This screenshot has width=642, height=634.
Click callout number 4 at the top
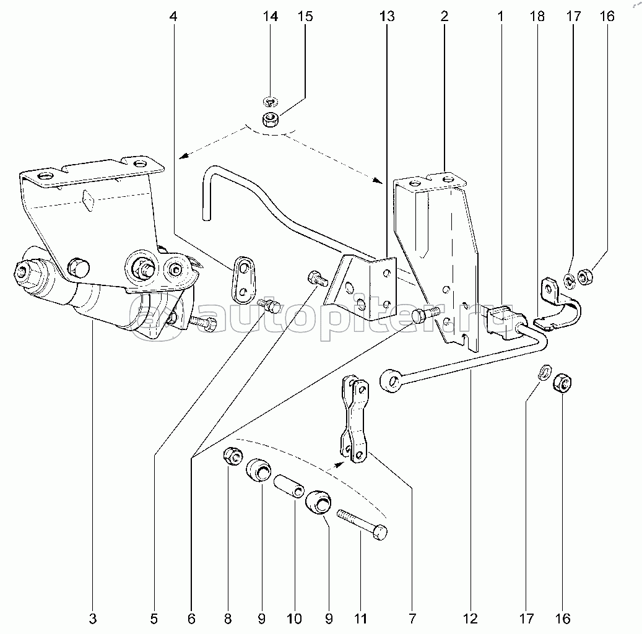coord(173,17)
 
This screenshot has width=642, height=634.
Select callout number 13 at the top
coord(387,16)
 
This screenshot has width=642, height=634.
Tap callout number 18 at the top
coord(537,16)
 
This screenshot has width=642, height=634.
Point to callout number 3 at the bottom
coord(93,619)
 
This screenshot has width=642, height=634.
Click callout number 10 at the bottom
coord(295,619)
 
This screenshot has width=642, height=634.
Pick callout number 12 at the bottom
coord(471,619)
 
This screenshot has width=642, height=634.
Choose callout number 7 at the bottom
coord(412,619)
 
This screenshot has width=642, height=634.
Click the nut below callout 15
coord(270,119)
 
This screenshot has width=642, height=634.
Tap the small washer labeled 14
coord(270,100)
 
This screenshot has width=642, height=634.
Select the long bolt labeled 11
coord(362,525)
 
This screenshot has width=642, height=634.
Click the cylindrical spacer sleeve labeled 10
coord(290,486)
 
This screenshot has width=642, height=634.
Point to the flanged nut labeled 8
coord(233,456)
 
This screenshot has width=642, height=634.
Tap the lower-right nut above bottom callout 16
coord(562,383)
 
